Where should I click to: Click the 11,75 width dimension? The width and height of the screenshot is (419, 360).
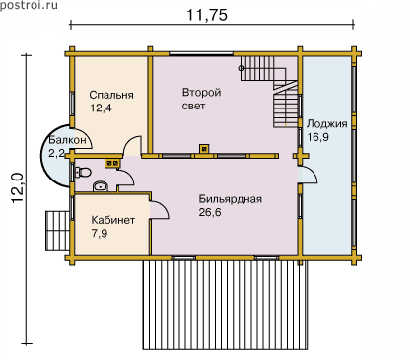point(207,15)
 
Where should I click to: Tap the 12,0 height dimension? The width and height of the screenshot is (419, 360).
point(18,188)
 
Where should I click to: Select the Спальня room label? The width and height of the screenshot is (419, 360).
point(111,95)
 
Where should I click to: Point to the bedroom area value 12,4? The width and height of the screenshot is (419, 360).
point(101,108)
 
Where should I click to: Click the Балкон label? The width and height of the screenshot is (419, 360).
point(67,140)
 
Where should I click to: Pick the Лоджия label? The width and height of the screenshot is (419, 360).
point(327,124)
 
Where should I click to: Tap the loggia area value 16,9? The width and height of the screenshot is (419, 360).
point(317,137)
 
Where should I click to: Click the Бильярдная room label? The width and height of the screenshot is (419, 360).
point(231,199)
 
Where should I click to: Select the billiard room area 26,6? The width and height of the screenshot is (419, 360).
point(210,212)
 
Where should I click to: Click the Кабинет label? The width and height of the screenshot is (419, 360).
point(113,220)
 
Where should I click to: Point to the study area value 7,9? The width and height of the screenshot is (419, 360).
point(100,233)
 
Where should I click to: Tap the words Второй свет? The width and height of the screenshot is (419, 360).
point(201,99)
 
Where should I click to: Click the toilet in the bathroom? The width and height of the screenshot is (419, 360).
point(83,172)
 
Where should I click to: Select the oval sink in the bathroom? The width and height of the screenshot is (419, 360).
point(101,186)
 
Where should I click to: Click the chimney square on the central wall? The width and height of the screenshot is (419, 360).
point(204,149)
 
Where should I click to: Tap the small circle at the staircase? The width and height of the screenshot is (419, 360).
point(241,68)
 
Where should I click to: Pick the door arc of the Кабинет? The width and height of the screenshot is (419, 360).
point(162,208)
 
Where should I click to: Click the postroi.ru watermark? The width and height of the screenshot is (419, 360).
point(29,5)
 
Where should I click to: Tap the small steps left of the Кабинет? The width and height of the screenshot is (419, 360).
point(58,231)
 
